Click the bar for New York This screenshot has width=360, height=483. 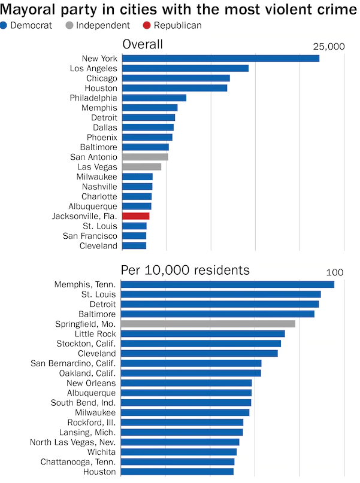point(220,58)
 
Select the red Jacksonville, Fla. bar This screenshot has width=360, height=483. point(135,216)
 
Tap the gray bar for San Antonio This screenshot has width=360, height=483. point(145,157)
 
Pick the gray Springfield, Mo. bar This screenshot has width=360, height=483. point(208,324)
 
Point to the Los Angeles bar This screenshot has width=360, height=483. point(185,68)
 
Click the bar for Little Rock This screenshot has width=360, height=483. point(203,333)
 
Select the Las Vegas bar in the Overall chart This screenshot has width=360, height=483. point(141,166)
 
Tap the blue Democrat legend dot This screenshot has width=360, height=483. point(4,25)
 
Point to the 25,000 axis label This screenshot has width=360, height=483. point(329,47)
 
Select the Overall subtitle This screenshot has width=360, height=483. point(143,45)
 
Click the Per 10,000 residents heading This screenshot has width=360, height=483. point(185,270)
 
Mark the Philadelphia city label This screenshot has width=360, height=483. point(93,98)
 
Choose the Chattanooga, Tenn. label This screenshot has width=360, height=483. point(78,461)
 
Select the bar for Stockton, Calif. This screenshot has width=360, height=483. point(201,344)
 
